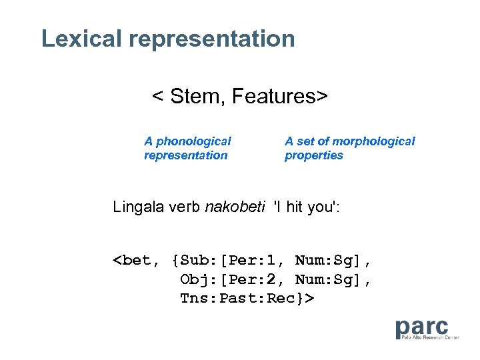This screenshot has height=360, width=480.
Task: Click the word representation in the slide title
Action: point(212,39)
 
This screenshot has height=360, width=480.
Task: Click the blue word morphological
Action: point(373,141)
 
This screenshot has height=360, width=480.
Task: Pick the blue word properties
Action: point(314,155)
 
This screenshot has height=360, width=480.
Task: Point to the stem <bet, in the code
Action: point(137,260)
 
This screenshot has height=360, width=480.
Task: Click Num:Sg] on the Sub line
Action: point(333,260)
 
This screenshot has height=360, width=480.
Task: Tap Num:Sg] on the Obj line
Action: point(333,279)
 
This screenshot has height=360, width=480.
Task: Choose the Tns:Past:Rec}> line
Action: point(246,298)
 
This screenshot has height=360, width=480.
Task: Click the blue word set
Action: point(305,141)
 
